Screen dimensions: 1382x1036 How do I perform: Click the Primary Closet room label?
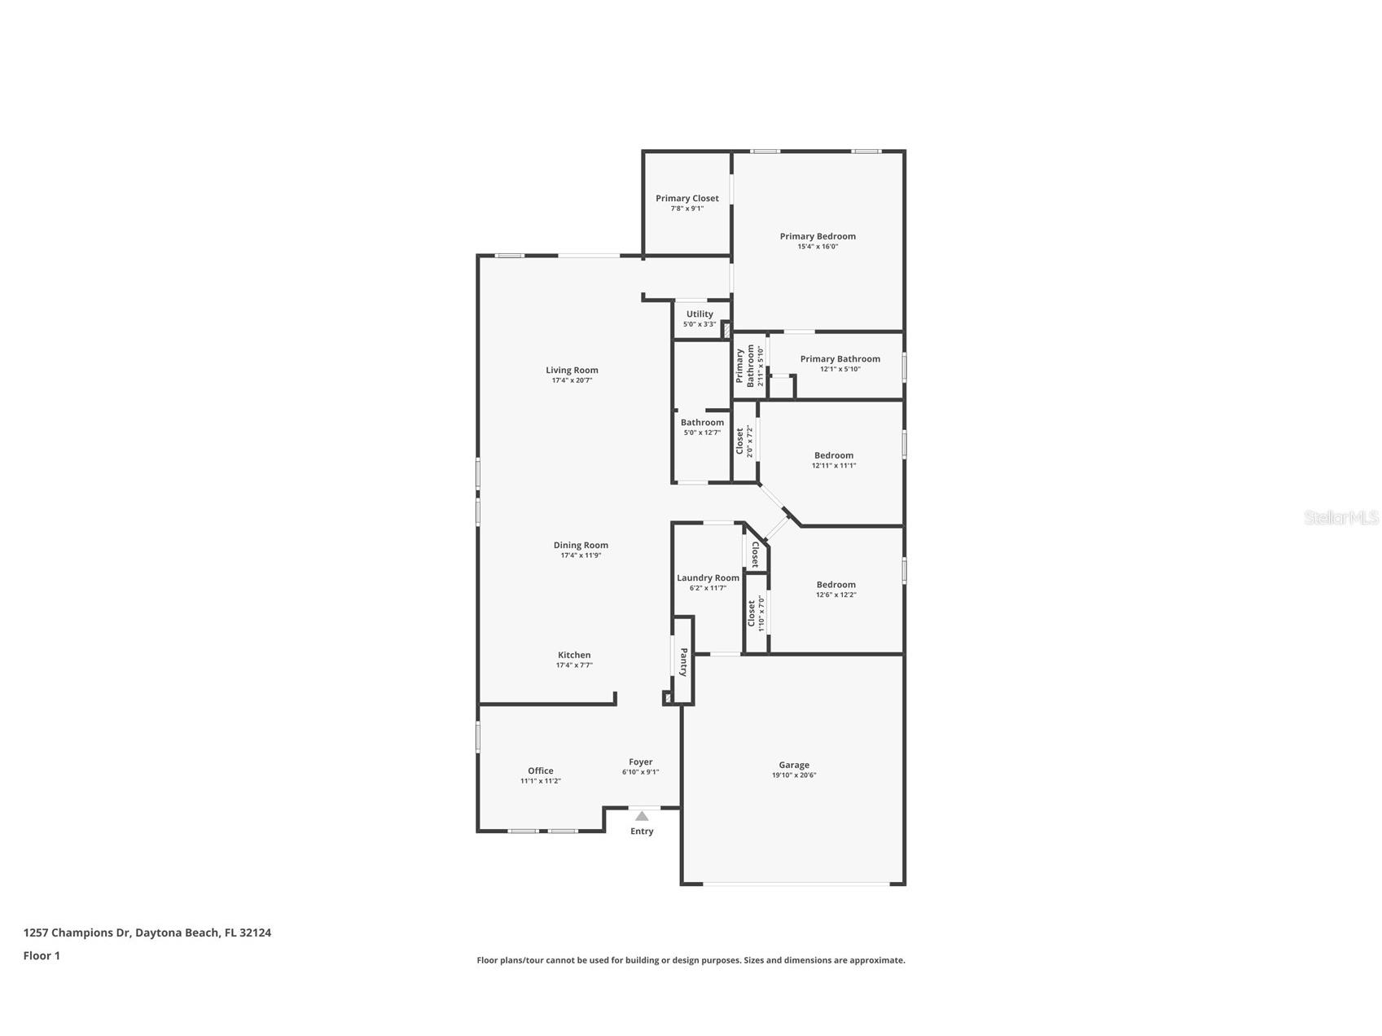pyautogui.click(x=687, y=198)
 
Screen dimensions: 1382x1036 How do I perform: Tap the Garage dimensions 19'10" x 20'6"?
pyautogui.click(x=794, y=775)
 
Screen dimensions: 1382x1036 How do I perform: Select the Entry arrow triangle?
pyautogui.click(x=642, y=816)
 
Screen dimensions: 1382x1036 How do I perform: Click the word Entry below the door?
pyautogui.click(x=642, y=832)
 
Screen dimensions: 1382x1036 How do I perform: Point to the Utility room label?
pyautogui.click(x=700, y=314)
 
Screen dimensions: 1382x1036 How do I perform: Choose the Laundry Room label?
pyautogui.click(x=709, y=577)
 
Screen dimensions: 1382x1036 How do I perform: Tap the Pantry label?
pyautogui.click(x=684, y=662)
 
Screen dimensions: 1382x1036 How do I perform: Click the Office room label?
pyautogui.click(x=541, y=770)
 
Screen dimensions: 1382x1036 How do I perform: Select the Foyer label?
pyautogui.click(x=641, y=762)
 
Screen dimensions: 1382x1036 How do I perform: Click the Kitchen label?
pyautogui.click(x=574, y=655)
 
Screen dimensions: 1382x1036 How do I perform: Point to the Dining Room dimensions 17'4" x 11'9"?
pyautogui.click(x=581, y=555)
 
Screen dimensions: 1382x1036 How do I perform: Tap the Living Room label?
pyautogui.click(x=572, y=370)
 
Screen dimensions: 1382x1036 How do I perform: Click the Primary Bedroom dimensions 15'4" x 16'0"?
pyautogui.click(x=818, y=247)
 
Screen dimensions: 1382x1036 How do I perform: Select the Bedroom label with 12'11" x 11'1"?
pyautogui.click(x=834, y=455)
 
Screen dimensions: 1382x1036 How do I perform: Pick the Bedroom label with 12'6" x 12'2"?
pyautogui.click(x=836, y=584)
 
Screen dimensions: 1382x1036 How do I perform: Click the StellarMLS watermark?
pyautogui.click(x=1341, y=517)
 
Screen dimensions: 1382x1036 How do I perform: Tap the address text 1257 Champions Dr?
pyautogui.click(x=77, y=933)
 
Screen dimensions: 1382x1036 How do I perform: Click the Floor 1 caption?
pyautogui.click(x=42, y=955)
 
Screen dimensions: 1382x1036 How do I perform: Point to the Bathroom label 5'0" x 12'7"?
pyautogui.click(x=702, y=423)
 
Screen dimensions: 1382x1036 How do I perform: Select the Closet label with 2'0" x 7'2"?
pyautogui.click(x=740, y=441)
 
